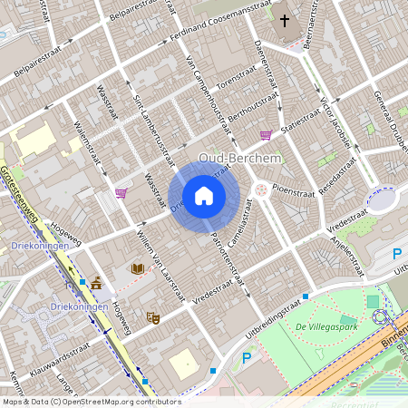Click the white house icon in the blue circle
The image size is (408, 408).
click(204, 195)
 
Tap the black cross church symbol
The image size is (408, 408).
click(286, 20)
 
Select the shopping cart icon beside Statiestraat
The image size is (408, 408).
click(266, 135)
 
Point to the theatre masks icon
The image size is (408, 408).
click(153, 318)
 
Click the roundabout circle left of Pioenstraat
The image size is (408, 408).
click(262, 189)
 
